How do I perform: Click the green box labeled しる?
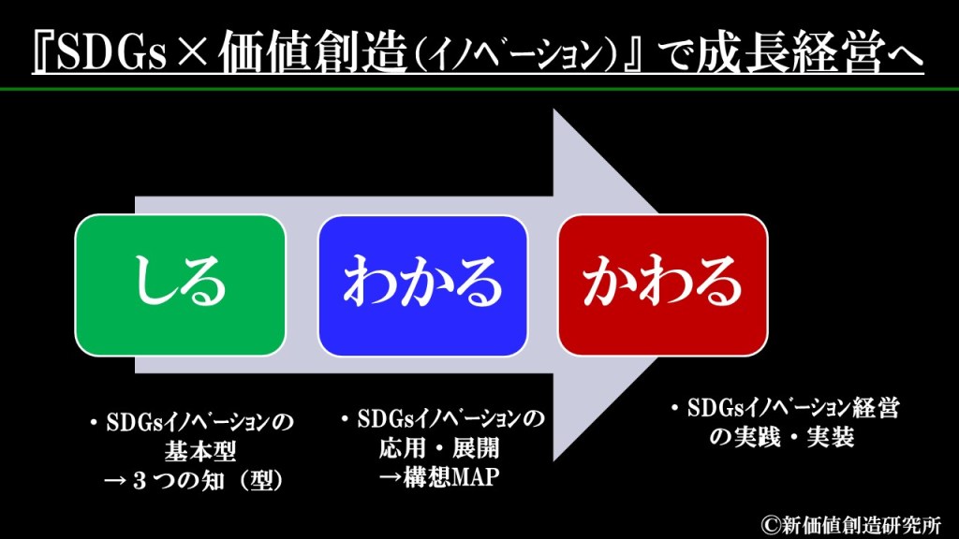[x=180, y=284]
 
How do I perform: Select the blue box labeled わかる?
[x=422, y=285]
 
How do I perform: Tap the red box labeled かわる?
[x=663, y=284]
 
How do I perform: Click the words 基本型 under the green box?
[x=200, y=452]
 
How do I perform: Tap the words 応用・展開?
[x=439, y=448]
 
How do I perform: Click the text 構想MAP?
[x=451, y=477]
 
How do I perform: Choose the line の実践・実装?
[x=782, y=437]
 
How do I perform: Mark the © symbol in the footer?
[x=771, y=526]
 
